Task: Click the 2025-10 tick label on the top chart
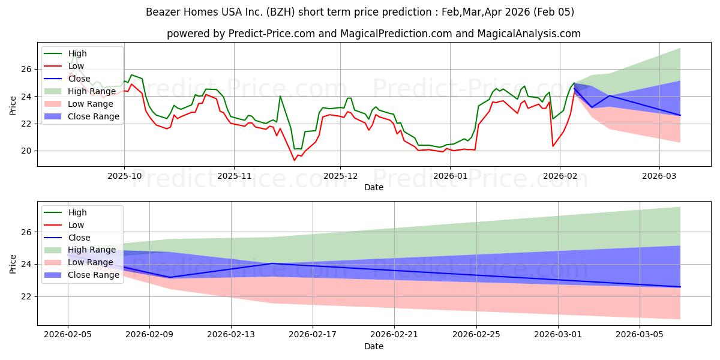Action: pyautogui.click(x=124, y=175)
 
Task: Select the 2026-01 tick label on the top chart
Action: pyautogui.click(x=450, y=175)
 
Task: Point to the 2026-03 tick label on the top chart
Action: pyautogui.click(x=659, y=175)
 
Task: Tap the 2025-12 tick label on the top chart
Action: pyautogui.click(x=340, y=175)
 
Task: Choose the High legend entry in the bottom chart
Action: pyautogui.click(x=77, y=212)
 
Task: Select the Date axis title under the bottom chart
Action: pyautogui.click(x=373, y=346)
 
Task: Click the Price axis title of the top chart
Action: pyautogui.click(x=13, y=106)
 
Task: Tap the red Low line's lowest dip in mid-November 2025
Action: pyautogui.click(x=295, y=160)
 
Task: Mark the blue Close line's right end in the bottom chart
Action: pyautogui.click(x=680, y=287)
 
